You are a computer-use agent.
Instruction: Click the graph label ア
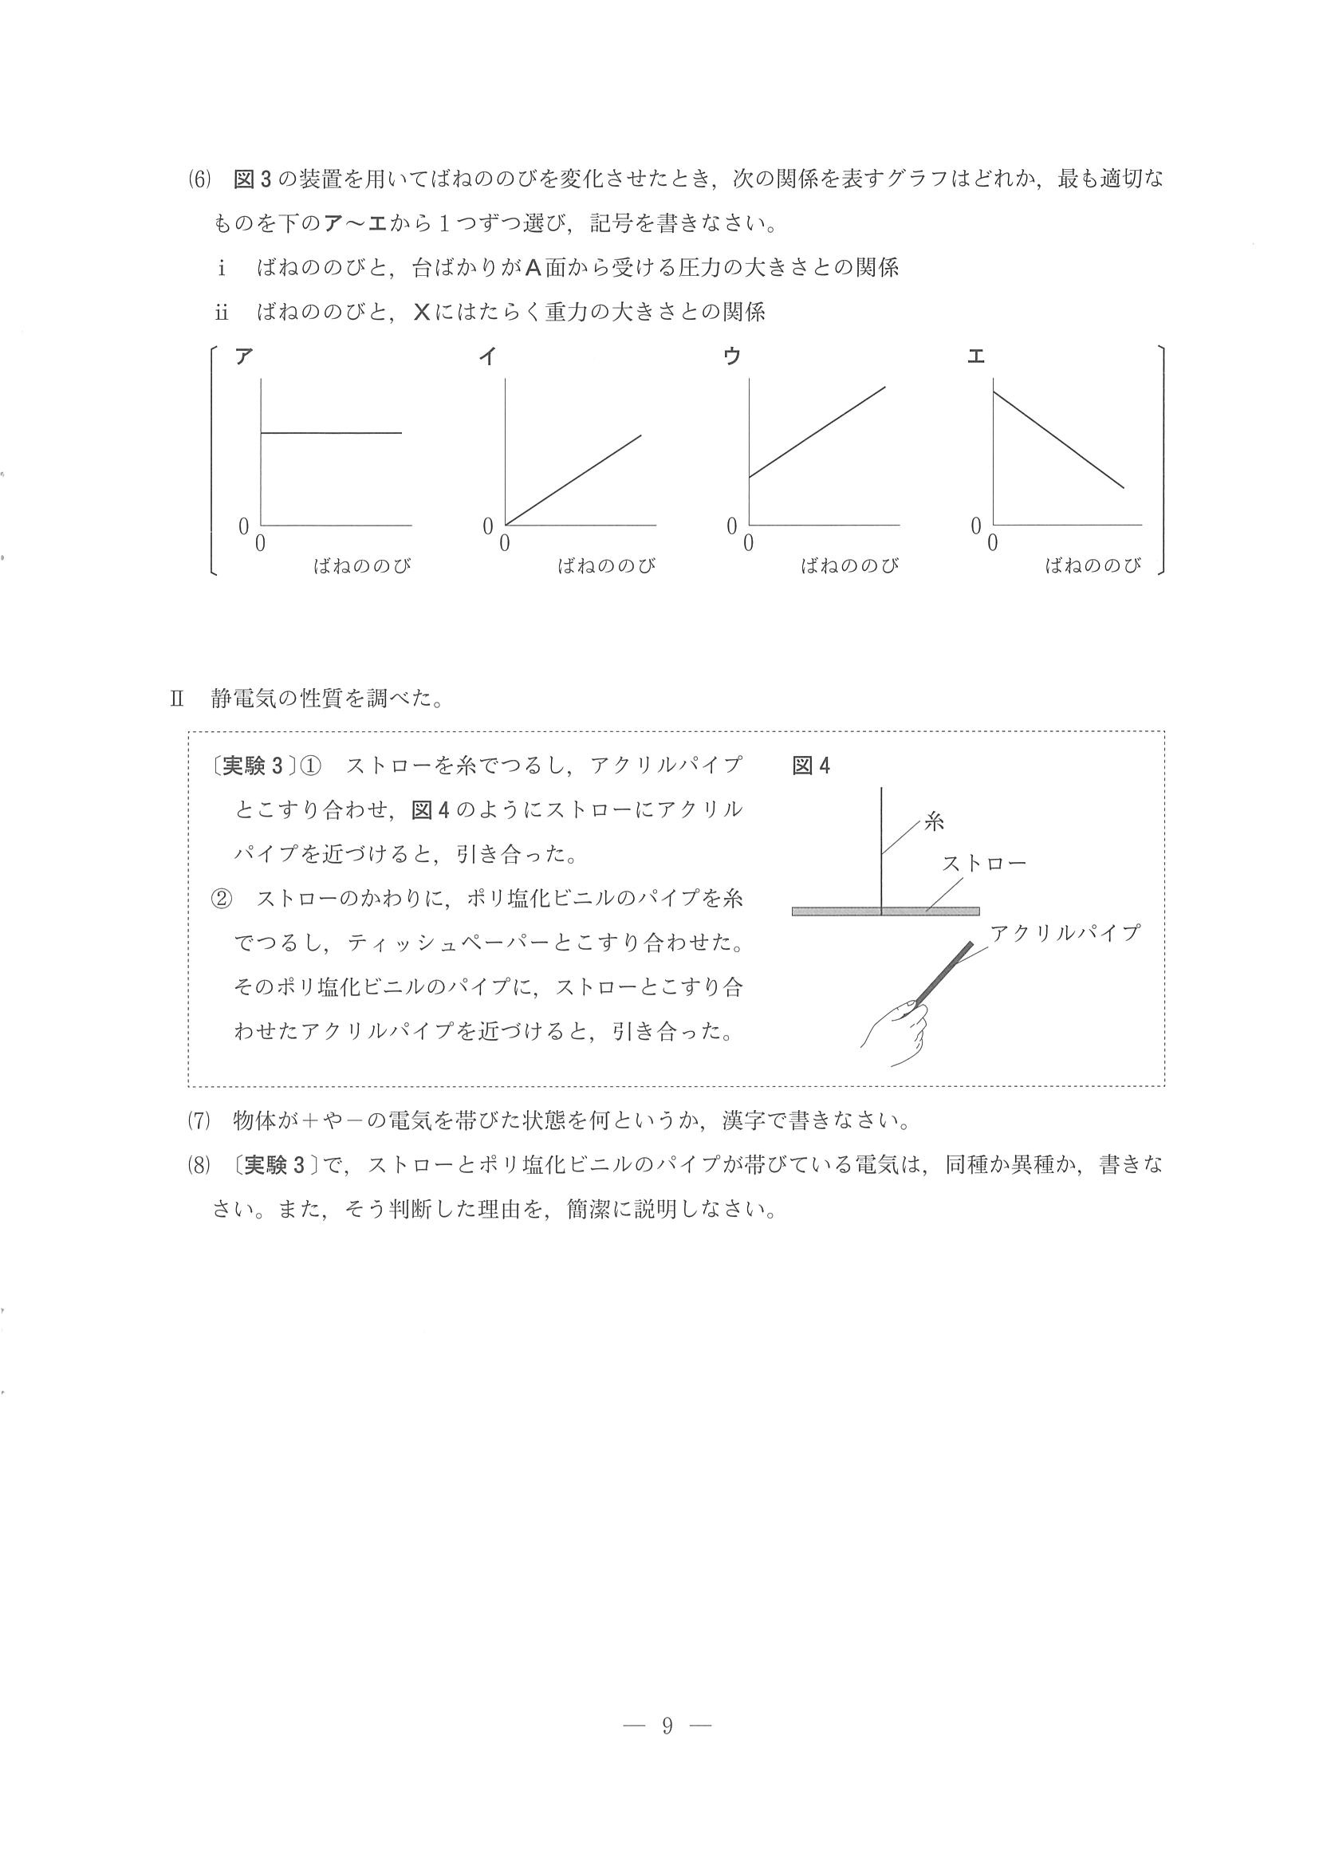pyautogui.click(x=243, y=356)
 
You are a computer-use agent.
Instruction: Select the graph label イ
pyautogui.click(x=487, y=356)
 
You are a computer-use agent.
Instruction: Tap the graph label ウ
pyautogui.click(x=732, y=356)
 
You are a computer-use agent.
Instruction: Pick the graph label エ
pyautogui.click(x=976, y=356)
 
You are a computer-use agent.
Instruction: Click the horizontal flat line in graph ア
pyautogui.click(x=331, y=433)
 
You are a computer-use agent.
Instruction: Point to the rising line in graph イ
pyautogui.click(x=573, y=479)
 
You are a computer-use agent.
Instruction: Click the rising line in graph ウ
pyautogui.click(x=817, y=432)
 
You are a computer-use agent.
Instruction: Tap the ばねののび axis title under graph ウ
pyautogui.click(x=850, y=565)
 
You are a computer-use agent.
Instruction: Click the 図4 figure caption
pyautogui.click(x=811, y=766)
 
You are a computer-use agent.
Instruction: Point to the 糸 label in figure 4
pyautogui.click(x=935, y=821)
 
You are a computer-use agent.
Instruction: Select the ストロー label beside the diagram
pyautogui.click(x=984, y=863)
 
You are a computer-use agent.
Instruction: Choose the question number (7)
pyautogui.click(x=199, y=1120)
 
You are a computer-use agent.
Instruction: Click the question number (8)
pyautogui.click(x=199, y=1164)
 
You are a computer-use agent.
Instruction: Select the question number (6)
pyautogui.click(x=199, y=179)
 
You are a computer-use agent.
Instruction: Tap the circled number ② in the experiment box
pyautogui.click(x=221, y=899)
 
